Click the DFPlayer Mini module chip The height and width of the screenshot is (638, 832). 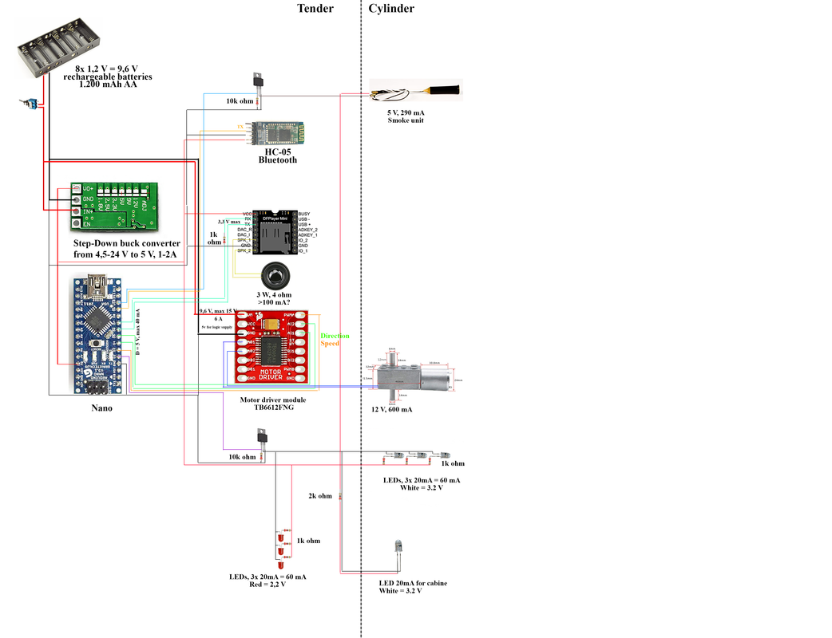(274, 232)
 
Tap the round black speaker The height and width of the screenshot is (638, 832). (274, 276)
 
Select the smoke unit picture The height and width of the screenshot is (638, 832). (415, 93)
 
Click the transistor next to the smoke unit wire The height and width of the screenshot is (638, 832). (257, 79)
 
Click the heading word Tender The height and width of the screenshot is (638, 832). (315, 9)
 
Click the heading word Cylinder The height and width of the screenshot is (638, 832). (391, 9)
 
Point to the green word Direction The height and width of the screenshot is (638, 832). (335, 336)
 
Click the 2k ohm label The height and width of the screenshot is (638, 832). (319, 495)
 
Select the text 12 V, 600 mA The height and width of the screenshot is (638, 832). (391, 409)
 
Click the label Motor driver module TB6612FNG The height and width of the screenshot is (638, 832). (273, 404)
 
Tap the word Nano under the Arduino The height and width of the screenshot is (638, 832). (101, 408)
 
